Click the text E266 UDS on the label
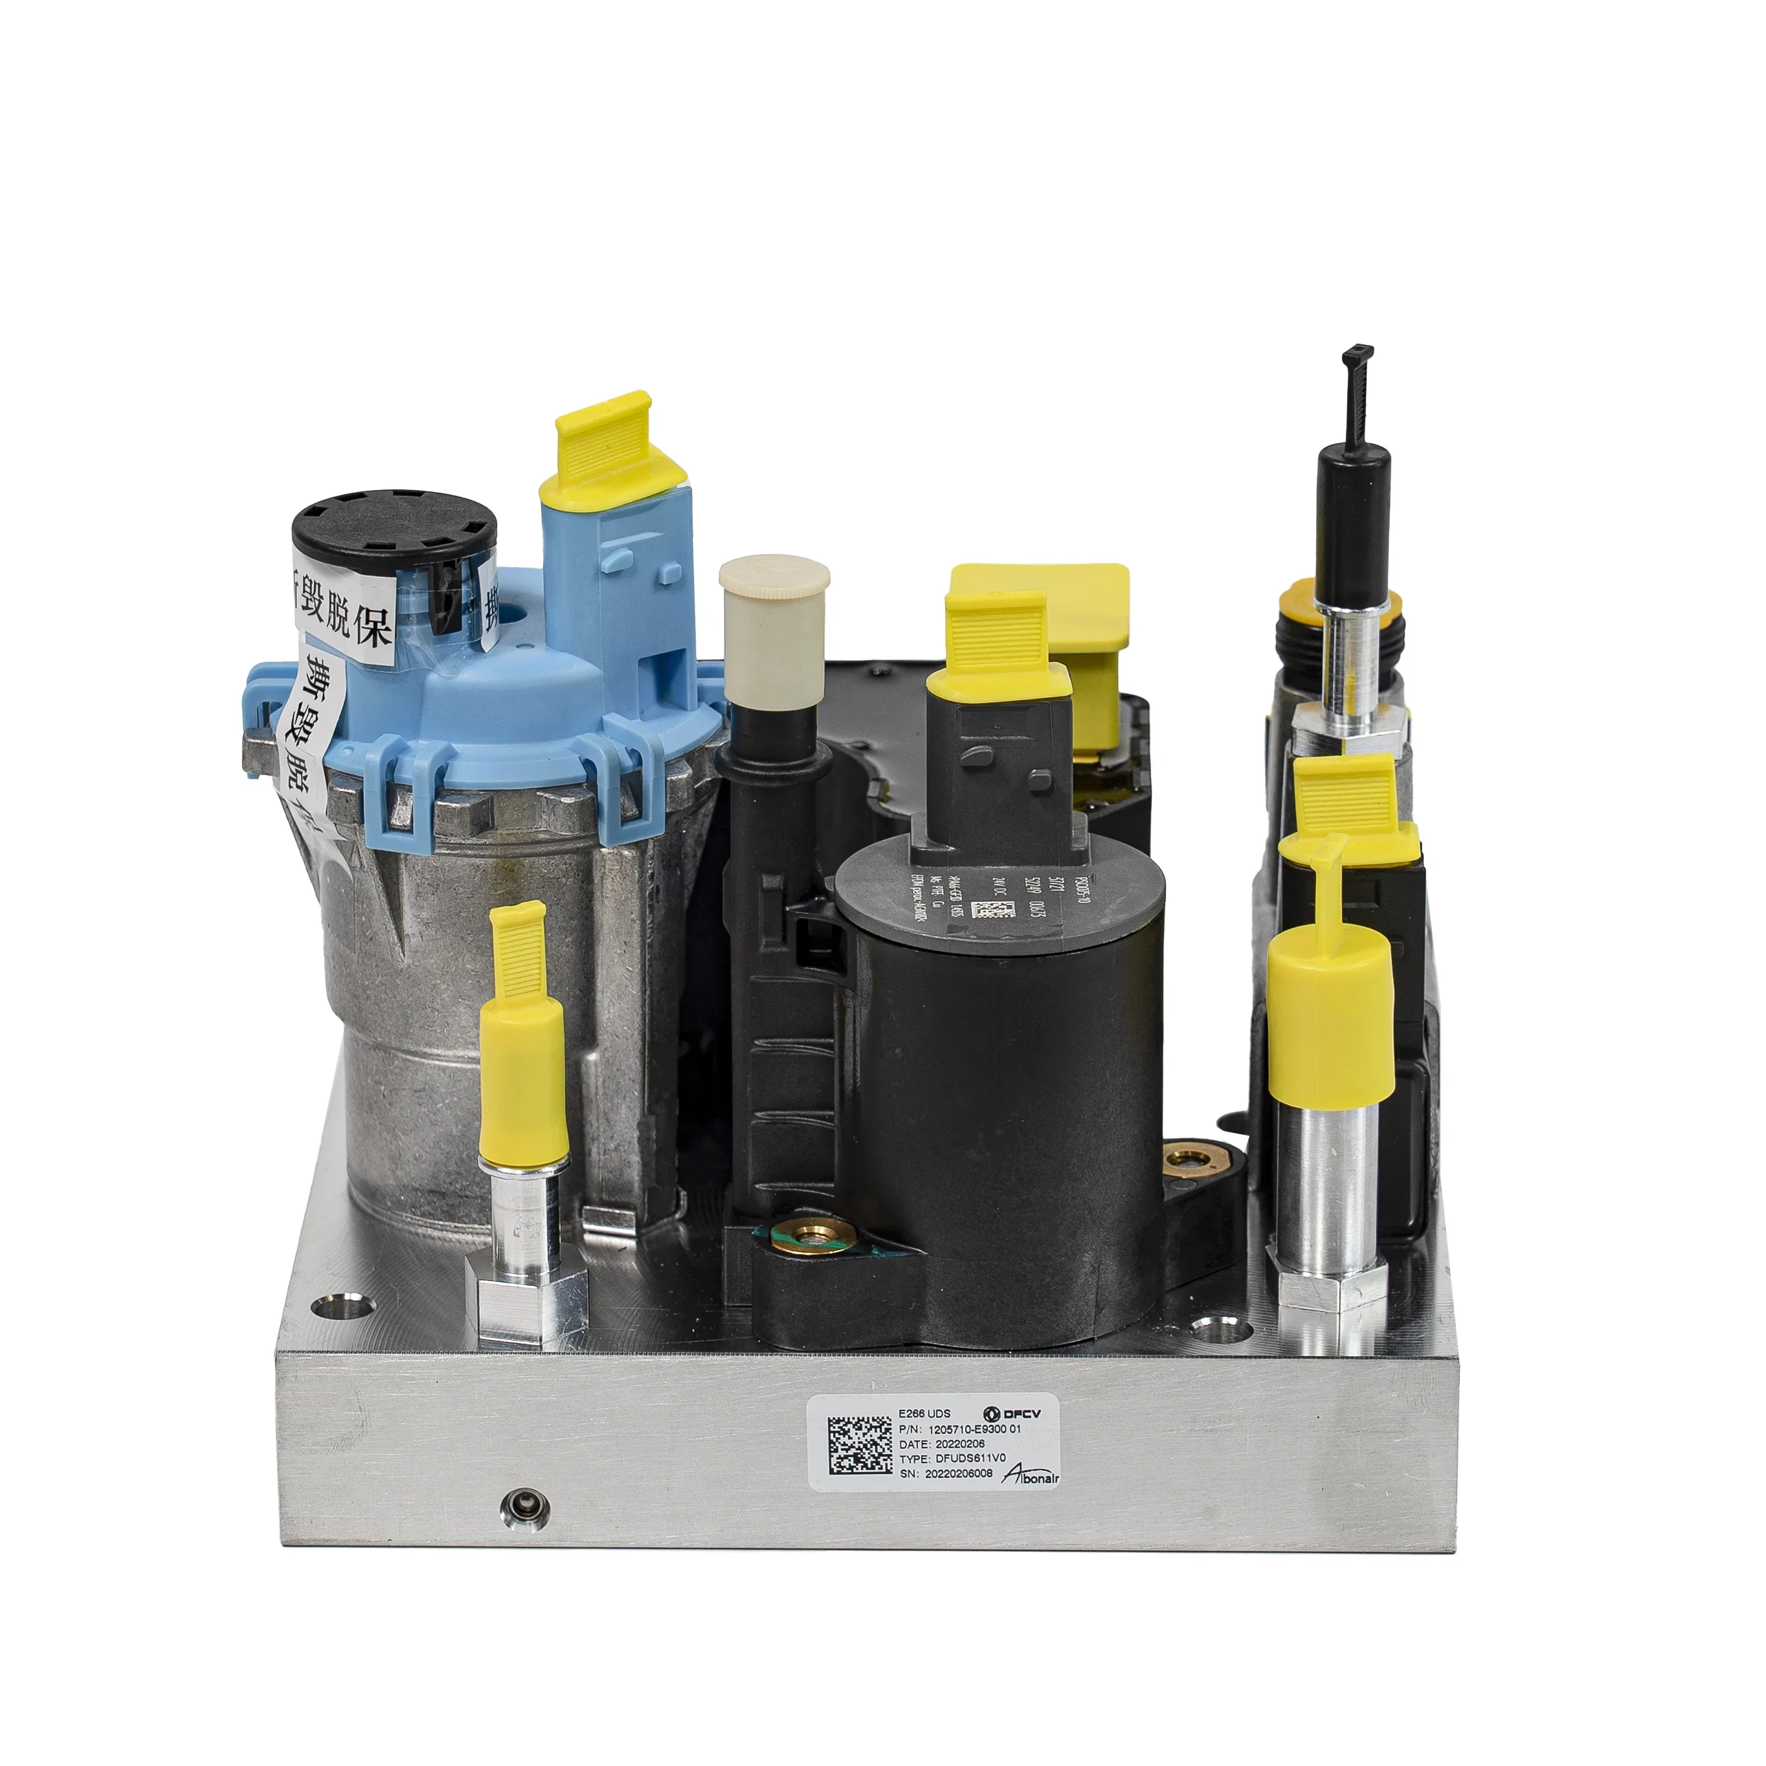coord(925,1413)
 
